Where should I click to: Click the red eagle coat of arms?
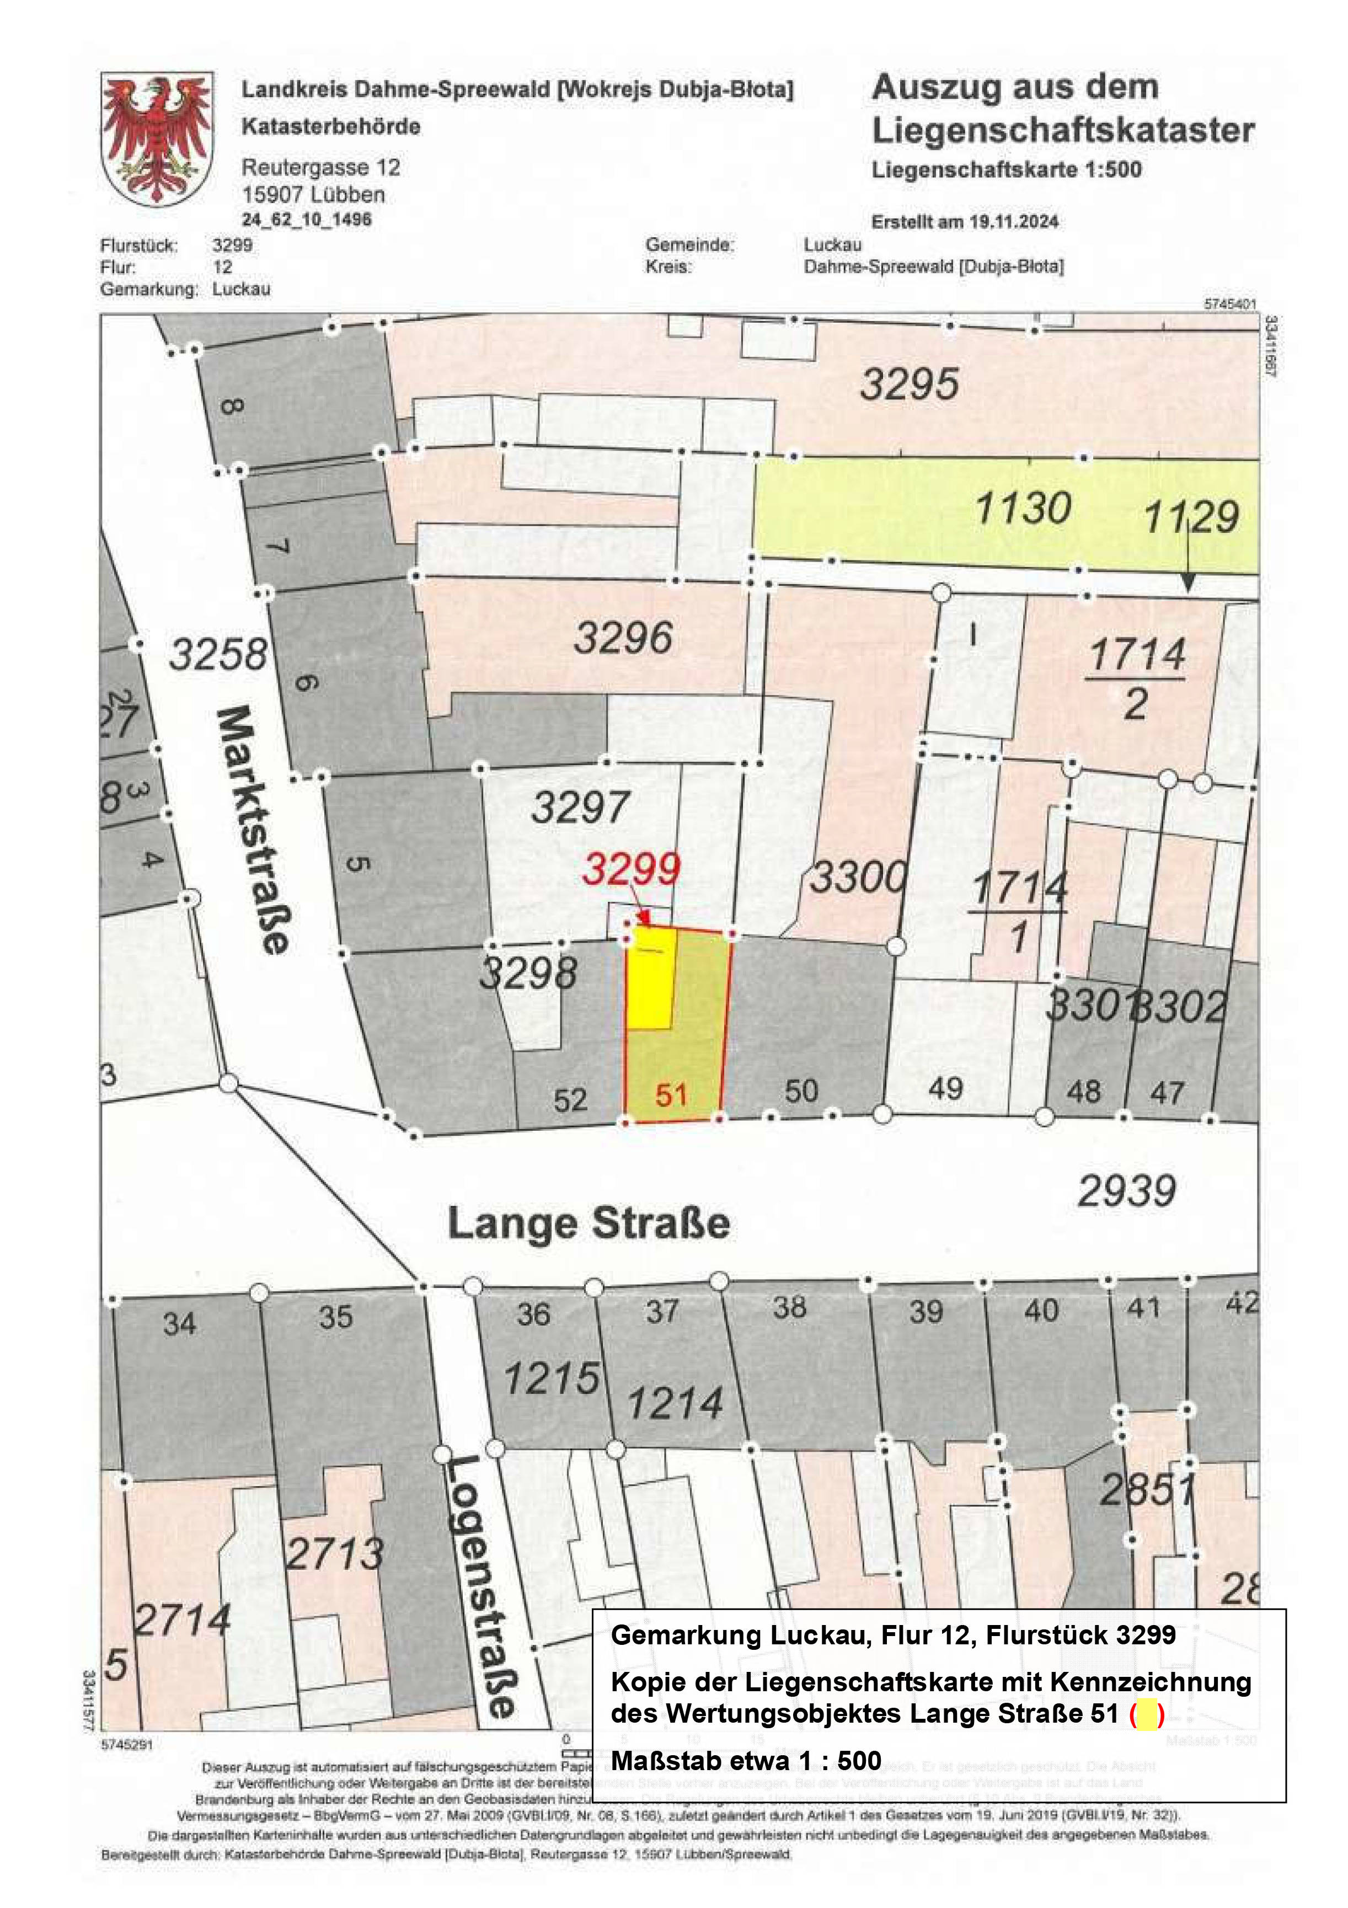click(x=157, y=139)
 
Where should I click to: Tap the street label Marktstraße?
click(x=254, y=830)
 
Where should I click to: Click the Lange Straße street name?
click(x=589, y=1224)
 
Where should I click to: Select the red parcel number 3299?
click(x=631, y=869)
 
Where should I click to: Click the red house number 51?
click(x=671, y=1095)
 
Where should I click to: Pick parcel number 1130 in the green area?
click(x=1022, y=509)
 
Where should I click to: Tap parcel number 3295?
click(x=909, y=385)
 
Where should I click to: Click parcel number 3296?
click(x=623, y=638)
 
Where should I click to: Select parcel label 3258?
click(x=218, y=654)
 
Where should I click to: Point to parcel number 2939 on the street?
click(x=1126, y=1191)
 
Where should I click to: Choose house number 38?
click(x=789, y=1307)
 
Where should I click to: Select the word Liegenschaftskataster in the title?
click(x=1062, y=130)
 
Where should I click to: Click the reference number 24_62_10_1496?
click(x=307, y=220)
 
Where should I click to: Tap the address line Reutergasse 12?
click(x=321, y=168)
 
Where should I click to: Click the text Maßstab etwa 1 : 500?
click(x=746, y=1761)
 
